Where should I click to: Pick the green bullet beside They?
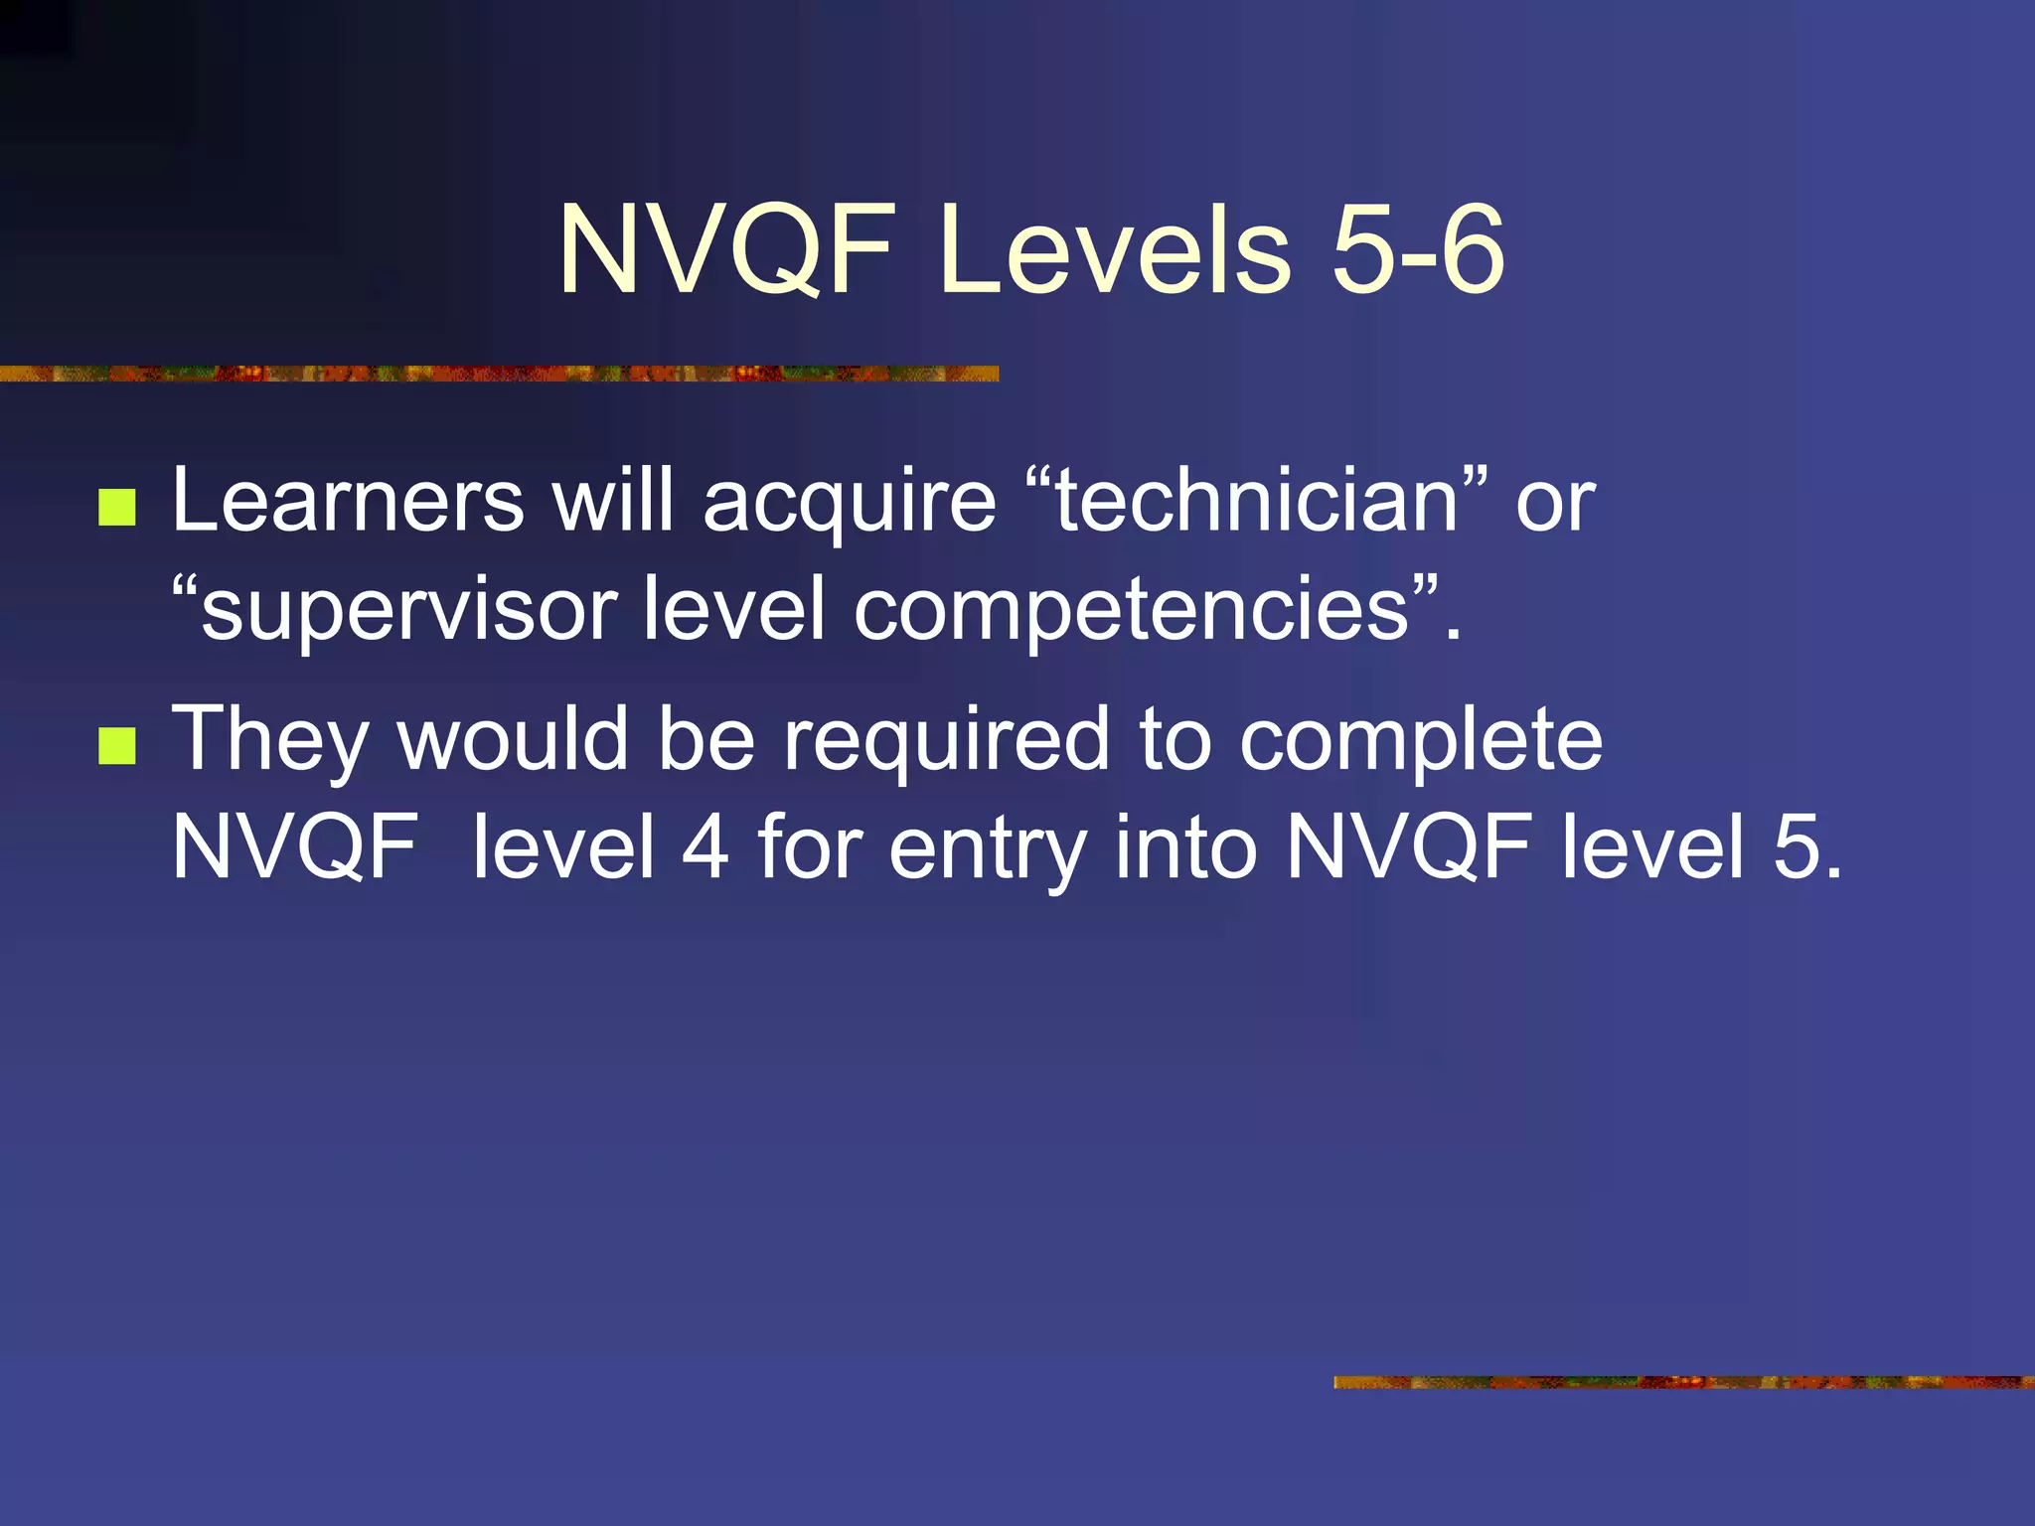point(117,746)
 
